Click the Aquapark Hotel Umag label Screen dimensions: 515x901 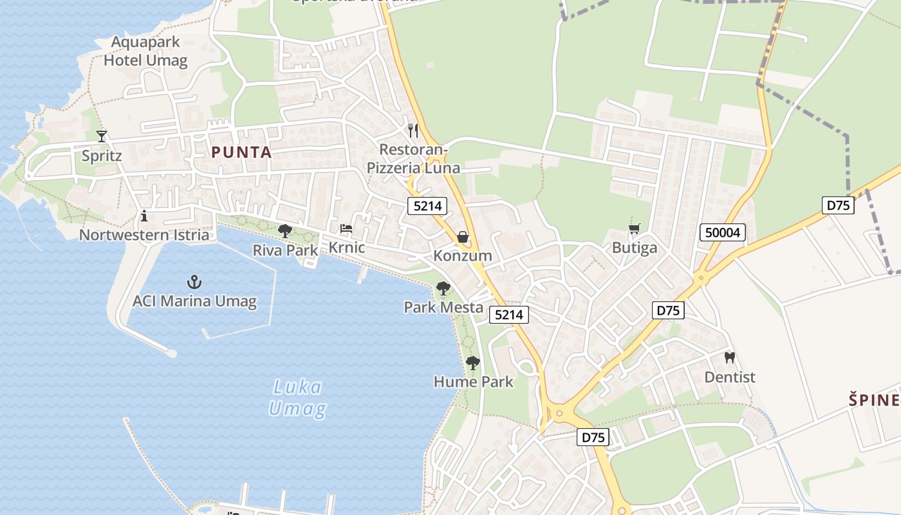pyautogui.click(x=145, y=51)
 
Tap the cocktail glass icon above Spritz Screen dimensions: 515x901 pyautogui.click(x=102, y=136)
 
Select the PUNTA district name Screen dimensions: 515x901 pyautogui.click(x=241, y=153)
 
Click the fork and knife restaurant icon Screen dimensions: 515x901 pyautogui.click(x=413, y=130)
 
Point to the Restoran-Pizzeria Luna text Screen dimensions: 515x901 pyautogui.click(x=413, y=159)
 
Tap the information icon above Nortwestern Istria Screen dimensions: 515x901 pyautogui.click(x=144, y=215)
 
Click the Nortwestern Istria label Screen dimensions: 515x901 pyautogui.click(x=144, y=235)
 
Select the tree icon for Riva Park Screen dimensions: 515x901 pyautogui.click(x=284, y=230)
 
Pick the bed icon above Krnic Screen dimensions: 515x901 pyautogui.click(x=346, y=229)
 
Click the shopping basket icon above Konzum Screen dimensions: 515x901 pyautogui.click(x=462, y=238)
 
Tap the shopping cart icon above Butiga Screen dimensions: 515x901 pyautogui.click(x=635, y=229)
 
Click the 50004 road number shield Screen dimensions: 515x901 pyautogui.click(x=723, y=232)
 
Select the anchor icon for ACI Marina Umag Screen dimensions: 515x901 pyautogui.click(x=194, y=282)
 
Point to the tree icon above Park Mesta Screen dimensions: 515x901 pyautogui.click(x=443, y=288)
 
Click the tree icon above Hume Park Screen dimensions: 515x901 pyautogui.click(x=473, y=363)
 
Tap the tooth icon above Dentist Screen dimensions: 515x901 pyautogui.click(x=730, y=357)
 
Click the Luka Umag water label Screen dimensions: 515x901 pyautogui.click(x=297, y=398)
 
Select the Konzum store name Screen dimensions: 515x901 pyautogui.click(x=462, y=256)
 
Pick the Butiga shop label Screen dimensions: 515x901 pyautogui.click(x=635, y=248)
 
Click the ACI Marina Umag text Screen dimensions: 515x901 pyautogui.click(x=194, y=301)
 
